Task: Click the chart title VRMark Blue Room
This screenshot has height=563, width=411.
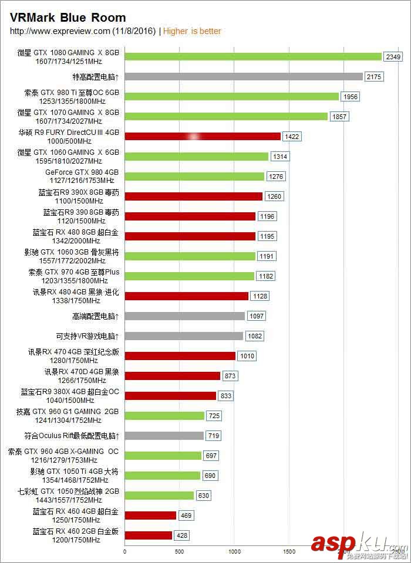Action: click(68, 18)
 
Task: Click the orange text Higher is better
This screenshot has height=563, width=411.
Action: click(192, 31)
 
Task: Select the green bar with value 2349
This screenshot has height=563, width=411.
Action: click(253, 56)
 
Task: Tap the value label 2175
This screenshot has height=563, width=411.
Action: click(373, 77)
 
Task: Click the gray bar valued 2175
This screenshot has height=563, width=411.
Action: click(244, 76)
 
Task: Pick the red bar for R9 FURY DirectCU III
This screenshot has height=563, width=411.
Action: click(203, 136)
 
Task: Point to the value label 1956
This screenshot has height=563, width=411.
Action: click(350, 97)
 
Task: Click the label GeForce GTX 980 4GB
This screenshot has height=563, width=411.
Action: click(82, 172)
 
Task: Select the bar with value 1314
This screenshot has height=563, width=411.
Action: click(196, 157)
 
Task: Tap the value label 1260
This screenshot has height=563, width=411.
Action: click(275, 196)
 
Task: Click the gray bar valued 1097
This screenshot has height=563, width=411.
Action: click(184, 316)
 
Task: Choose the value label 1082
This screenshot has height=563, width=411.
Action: click(254, 336)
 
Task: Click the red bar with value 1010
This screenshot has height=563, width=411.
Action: click(180, 356)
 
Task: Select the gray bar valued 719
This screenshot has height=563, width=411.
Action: click(164, 436)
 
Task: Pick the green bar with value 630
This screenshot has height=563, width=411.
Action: click(159, 496)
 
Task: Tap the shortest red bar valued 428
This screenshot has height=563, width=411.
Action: click(149, 535)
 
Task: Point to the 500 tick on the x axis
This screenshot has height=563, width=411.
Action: click(180, 551)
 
